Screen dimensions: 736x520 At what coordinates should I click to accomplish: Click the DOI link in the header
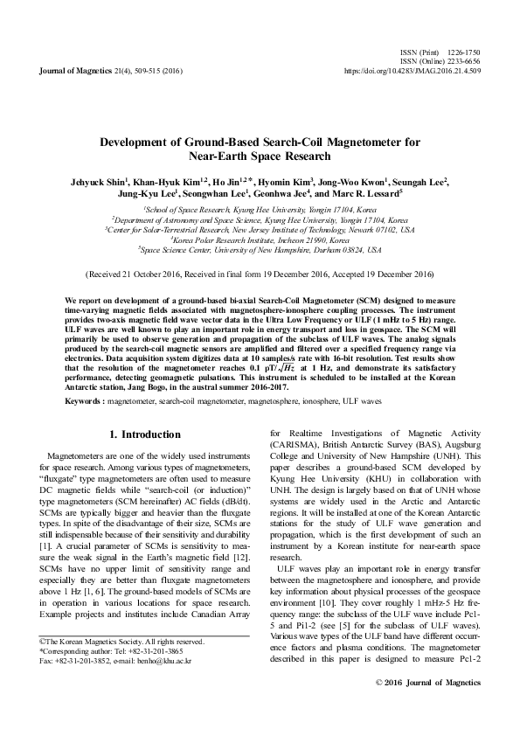point(413,70)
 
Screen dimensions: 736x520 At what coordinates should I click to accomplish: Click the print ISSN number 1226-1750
point(463,53)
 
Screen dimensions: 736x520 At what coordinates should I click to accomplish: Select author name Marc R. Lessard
point(364,193)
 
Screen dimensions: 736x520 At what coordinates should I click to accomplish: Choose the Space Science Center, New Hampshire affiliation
point(260,249)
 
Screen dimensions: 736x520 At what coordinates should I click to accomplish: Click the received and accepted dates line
point(260,274)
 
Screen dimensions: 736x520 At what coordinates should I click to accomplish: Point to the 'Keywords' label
point(85,400)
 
